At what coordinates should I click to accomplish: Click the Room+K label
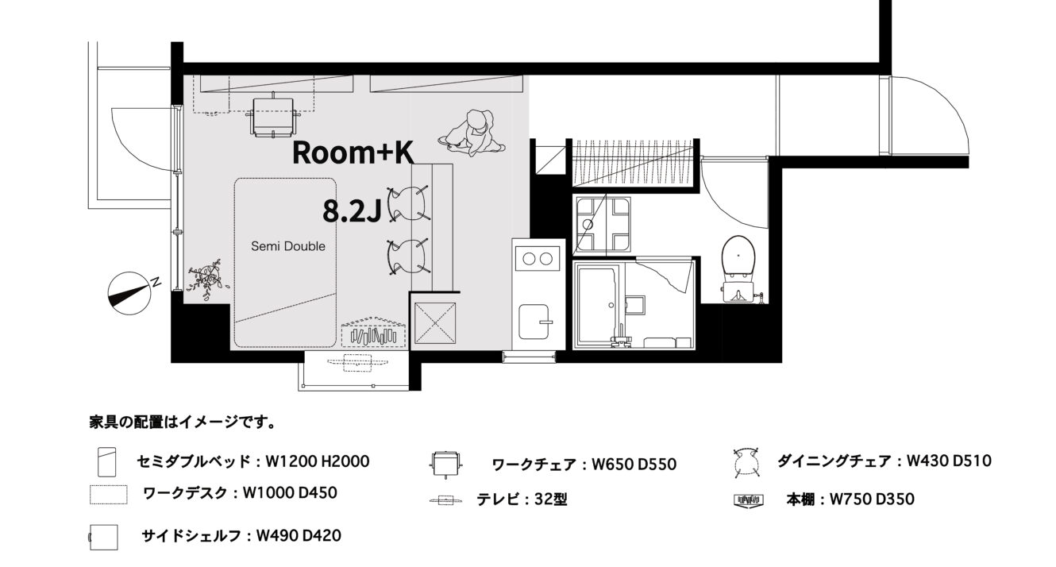353,152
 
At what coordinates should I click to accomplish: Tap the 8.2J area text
352,210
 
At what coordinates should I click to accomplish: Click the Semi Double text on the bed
288,246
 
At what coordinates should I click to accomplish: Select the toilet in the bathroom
738,268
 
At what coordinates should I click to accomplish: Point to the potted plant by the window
207,279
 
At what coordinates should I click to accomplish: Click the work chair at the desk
273,116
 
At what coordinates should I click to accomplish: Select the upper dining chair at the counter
408,203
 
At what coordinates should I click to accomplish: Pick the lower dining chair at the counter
408,256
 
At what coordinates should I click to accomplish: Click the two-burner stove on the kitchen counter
538,258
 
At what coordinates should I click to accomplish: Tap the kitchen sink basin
534,322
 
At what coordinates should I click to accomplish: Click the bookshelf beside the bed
373,333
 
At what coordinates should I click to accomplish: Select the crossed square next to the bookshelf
434,323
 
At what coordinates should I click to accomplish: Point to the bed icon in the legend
106,462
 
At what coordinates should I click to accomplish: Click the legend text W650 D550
634,465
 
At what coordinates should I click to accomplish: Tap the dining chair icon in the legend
746,463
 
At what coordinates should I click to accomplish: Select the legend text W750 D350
872,499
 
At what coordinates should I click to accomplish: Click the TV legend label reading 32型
551,499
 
